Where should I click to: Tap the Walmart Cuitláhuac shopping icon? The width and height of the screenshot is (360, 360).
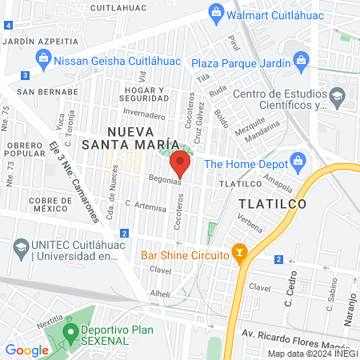(x=214, y=13)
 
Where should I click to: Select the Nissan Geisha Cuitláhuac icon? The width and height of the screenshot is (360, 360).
(x=42, y=58)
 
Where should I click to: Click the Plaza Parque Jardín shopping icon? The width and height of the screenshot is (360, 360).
(x=301, y=58)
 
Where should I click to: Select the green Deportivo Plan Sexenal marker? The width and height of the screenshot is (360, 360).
(x=70, y=331)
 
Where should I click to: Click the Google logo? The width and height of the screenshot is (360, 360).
(x=27, y=350)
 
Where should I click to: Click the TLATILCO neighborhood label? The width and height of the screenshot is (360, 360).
(x=271, y=204)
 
